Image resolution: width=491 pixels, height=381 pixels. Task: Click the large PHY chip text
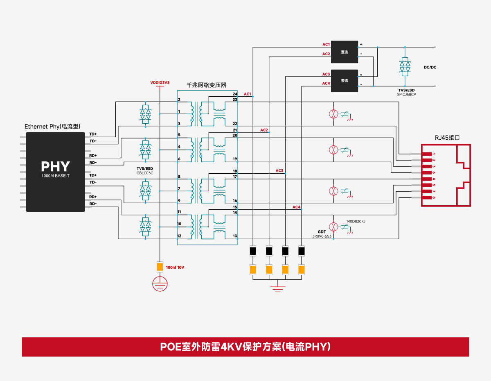pyautogui.click(x=55, y=166)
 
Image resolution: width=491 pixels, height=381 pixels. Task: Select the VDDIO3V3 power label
pyautogui.click(x=160, y=83)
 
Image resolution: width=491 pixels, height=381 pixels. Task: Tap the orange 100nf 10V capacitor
pyautogui.click(x=160, y=267)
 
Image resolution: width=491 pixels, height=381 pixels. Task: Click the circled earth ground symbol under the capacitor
pyautogui.click(x=160, y=284)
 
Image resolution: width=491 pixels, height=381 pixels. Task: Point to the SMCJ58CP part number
pyautogui.click(x=406, y=95)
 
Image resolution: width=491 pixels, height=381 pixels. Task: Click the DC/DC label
pyautogui.click(x=430, y=67)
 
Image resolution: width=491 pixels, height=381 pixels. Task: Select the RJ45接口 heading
pyautogui.click(x=447, y=138)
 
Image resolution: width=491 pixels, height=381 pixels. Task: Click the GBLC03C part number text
pyautogui.click(x=144, y=173)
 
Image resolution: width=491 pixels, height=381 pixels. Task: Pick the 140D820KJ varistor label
pyautogui.click(x=356, y=221)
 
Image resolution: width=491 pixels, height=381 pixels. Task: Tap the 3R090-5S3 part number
pyautogui.click(x=322, y=236)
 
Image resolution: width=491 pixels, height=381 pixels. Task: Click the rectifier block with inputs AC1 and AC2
pyautogui.click(x=345, y=52)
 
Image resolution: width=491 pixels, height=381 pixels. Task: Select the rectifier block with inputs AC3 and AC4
pyautogui.click(x=345, y=81)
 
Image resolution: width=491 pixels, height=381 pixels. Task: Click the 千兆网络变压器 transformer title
pyautogui.click(x=206, y=85)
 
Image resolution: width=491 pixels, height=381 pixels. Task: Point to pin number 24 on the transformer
pyautogui.click(x=235, y=94)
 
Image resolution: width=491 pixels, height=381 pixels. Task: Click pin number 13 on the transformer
pyautogui.click(x=235, y=236)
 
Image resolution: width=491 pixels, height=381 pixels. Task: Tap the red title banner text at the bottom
pyautogui.click(x=245, y=347)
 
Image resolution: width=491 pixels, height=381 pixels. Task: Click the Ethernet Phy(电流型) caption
pyautogui.click(x=52, y=126)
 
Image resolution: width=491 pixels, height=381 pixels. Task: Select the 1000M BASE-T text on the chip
pyautogui.click(x=55, y=176)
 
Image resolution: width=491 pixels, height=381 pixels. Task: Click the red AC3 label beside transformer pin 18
pyautogui.click(x=279, y=170)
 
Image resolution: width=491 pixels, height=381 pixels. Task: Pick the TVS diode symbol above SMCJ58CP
pyautogui.click(x=405, y=66)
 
